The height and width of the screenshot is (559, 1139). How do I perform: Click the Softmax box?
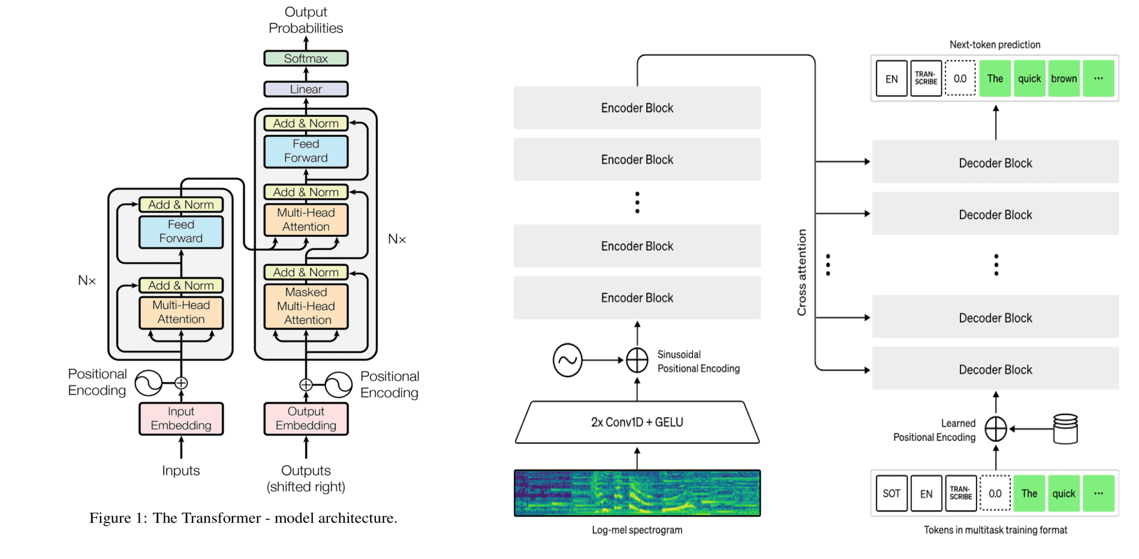306,58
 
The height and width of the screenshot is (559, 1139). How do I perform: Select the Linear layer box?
306,89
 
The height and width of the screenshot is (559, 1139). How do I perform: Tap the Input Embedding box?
181,419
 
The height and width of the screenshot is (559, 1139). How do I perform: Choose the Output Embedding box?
306,419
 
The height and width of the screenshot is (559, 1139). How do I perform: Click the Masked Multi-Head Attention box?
306,306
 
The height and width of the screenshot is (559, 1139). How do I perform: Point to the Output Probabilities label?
306,20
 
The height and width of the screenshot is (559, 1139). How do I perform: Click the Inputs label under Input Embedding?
181,471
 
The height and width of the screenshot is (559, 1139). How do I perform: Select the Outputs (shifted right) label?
306,479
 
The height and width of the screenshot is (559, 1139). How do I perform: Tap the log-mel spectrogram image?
637,493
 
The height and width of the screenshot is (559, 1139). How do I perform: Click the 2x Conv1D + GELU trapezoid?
637,422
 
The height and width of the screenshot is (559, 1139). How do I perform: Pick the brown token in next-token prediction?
1064,79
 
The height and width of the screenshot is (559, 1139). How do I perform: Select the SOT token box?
891,494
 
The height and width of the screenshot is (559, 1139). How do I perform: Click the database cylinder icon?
1065,429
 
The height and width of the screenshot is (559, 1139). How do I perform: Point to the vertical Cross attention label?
801,272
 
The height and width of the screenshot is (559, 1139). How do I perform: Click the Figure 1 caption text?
243,518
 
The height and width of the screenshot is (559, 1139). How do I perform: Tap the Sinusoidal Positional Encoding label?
698,362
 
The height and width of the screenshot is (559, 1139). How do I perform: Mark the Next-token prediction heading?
995,45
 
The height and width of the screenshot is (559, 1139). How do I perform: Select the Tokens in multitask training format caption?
995,530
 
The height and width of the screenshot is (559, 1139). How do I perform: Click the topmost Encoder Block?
637,108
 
